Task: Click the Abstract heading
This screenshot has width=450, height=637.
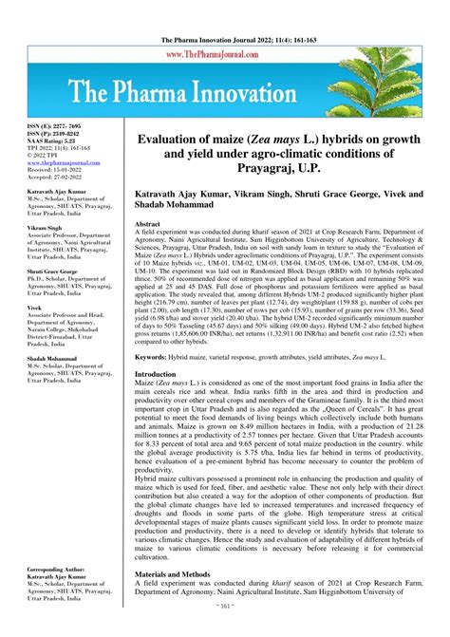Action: point(147,228)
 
